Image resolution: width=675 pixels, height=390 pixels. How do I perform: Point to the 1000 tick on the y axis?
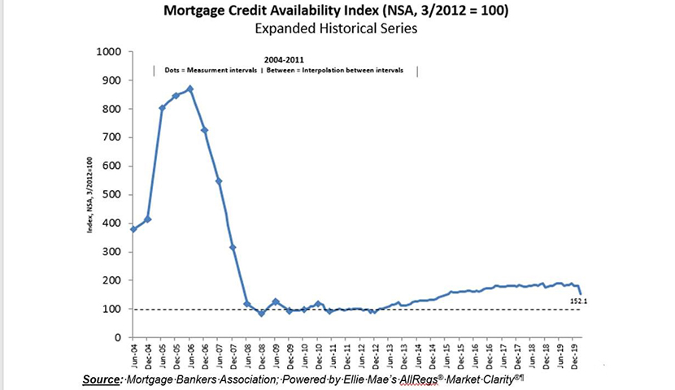tap(108, 52)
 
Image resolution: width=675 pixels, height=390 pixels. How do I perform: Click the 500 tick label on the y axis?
tap(111, 195)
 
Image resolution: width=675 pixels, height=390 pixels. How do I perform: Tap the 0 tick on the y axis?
tap(118, 337)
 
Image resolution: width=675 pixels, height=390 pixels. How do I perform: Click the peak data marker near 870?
tap(190, 89)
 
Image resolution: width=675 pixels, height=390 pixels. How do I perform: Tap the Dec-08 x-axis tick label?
tap(261, 355)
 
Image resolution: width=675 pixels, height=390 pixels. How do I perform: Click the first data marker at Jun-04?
tap(133, 229)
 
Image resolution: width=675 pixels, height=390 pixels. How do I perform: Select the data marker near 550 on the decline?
tap(219, 180)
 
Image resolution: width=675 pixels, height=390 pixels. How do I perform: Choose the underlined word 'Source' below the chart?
tap(102, 379)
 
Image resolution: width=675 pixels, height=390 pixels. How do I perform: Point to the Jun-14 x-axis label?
tap(418, 355)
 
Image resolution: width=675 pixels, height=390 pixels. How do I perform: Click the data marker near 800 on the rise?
tap(162, 108)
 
